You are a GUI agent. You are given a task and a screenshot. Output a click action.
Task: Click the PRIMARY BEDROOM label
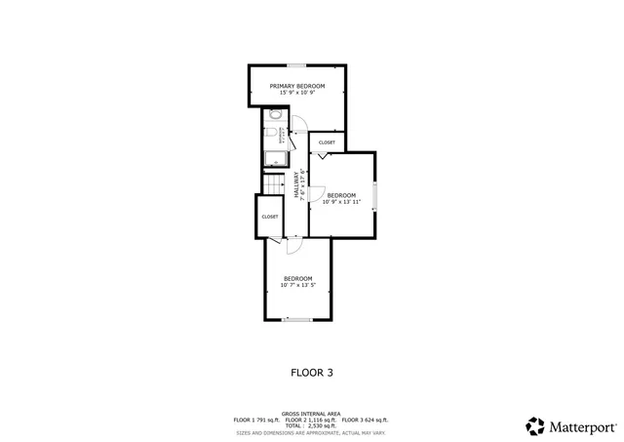(x=297, y=86)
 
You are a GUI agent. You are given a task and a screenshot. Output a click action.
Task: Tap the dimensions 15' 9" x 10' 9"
(x=297, y=94)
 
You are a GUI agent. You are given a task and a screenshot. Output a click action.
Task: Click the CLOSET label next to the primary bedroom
(x=327, y=142)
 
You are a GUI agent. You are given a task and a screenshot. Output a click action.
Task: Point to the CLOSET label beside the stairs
(x=269, y=217)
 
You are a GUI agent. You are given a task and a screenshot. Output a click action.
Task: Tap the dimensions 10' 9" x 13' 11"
(x=341, y=203)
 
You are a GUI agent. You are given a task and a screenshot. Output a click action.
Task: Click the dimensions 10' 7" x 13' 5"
(x=297, y=286)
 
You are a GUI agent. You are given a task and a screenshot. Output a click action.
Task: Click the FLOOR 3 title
(x=312, y=372)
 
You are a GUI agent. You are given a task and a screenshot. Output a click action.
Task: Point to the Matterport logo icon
(x=535, y=425)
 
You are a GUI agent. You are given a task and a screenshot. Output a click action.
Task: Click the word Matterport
(x=581, y=426)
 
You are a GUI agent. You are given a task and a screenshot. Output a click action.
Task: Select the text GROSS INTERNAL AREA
(x=311, y=414)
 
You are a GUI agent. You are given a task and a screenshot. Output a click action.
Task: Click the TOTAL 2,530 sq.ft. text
(x=311, y=425)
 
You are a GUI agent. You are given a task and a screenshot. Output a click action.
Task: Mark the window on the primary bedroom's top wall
(x=295, y=66)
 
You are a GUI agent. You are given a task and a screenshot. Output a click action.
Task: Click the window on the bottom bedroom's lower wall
(x=297, y=320)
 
